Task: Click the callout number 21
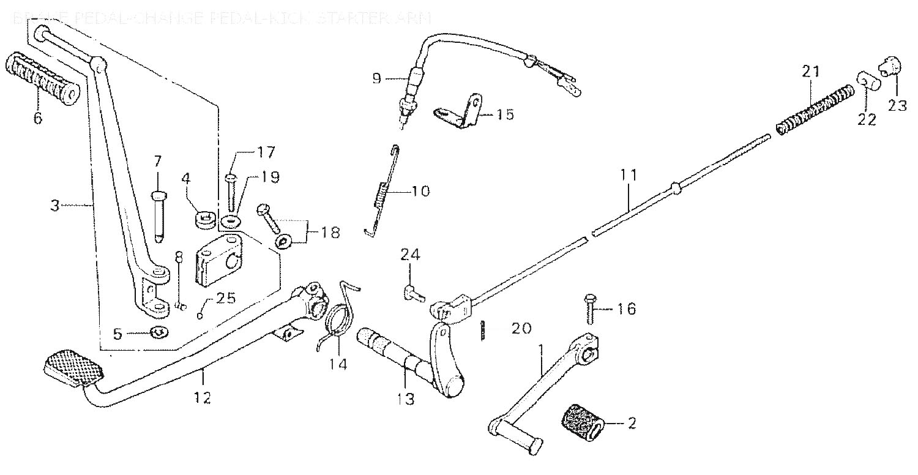(x=810, y=72)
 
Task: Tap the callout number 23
(x=898, y=105)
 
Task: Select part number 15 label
(x=505, y=114)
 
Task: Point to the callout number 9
(x=376, y=78)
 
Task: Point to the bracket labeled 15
(x=460, y=113)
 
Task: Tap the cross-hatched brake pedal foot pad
(x=73, y=367)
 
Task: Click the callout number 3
(x=55, y=206)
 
